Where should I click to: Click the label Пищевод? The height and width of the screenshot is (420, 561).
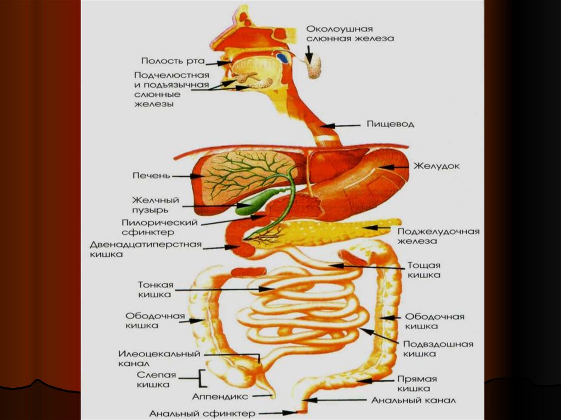(x=390, y=124)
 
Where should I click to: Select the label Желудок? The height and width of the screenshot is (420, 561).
(x=436, y=165)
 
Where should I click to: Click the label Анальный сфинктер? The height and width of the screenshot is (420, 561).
(x=203, y=413)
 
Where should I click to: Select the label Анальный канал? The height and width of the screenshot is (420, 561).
(x=413, y=400)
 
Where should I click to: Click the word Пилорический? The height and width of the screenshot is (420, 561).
(x=159, y=223)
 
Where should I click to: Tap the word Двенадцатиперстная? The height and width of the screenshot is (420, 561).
(x=146, y=244)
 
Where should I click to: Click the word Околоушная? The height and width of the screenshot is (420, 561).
(x=339, y=28)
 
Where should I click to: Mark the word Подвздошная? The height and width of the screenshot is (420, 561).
(x=438, y=344)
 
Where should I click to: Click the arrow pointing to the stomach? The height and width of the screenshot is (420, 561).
(x=394, y=166)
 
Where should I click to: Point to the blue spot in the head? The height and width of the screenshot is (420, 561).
(x=283, y=57)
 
